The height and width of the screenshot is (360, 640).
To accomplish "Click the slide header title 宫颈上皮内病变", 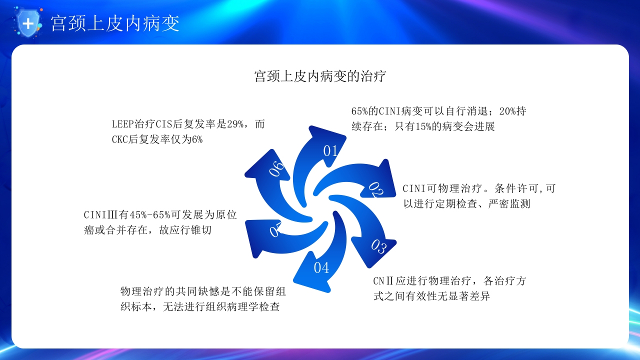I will (115, 23).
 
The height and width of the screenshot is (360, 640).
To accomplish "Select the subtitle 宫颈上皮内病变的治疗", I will (320, 76).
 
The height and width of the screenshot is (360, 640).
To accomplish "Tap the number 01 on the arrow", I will (331, 150).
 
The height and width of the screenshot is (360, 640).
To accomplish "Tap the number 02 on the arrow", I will (376, 189).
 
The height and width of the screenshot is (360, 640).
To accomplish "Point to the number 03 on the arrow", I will (378, 246).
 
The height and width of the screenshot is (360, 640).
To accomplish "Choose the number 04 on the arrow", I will (321, 268).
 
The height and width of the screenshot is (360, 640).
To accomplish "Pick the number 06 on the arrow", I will (276, 168).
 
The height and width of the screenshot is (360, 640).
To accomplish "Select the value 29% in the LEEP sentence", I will (235, 124).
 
